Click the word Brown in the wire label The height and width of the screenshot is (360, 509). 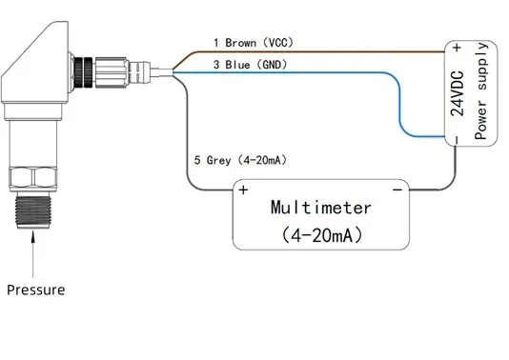[x=241, y=43]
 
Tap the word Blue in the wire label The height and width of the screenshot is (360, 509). [x=237, y=65]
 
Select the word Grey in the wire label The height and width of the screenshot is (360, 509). [x=219, y=160]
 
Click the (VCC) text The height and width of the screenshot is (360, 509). [x=278, y=43]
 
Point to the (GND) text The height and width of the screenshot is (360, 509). [x=272, y=65]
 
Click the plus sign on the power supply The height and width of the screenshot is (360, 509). [x=458, y=48]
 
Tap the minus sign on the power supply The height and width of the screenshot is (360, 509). [x=457, y=140]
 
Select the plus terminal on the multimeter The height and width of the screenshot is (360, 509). [x=243, y=190]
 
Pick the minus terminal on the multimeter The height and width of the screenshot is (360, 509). [x=397, y=190]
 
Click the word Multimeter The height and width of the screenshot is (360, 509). [x=320, y=208]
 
